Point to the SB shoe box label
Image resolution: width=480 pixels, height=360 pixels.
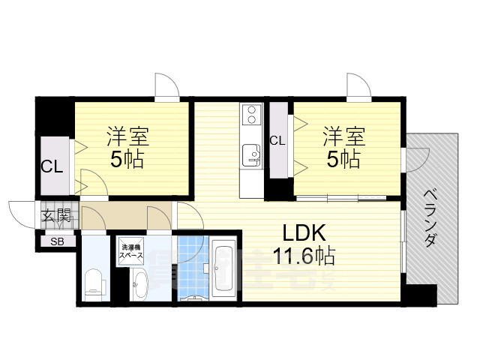pos(57,242)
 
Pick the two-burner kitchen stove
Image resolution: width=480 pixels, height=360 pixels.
pos(250,116)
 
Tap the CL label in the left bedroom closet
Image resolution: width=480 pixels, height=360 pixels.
pos(52,166)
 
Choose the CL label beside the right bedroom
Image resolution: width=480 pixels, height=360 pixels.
pos(277,140)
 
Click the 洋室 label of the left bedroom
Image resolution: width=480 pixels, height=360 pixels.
pos(127,137)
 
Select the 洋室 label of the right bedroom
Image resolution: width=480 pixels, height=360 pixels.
pos(344,137)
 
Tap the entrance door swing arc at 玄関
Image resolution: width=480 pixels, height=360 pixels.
pos(21,211)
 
